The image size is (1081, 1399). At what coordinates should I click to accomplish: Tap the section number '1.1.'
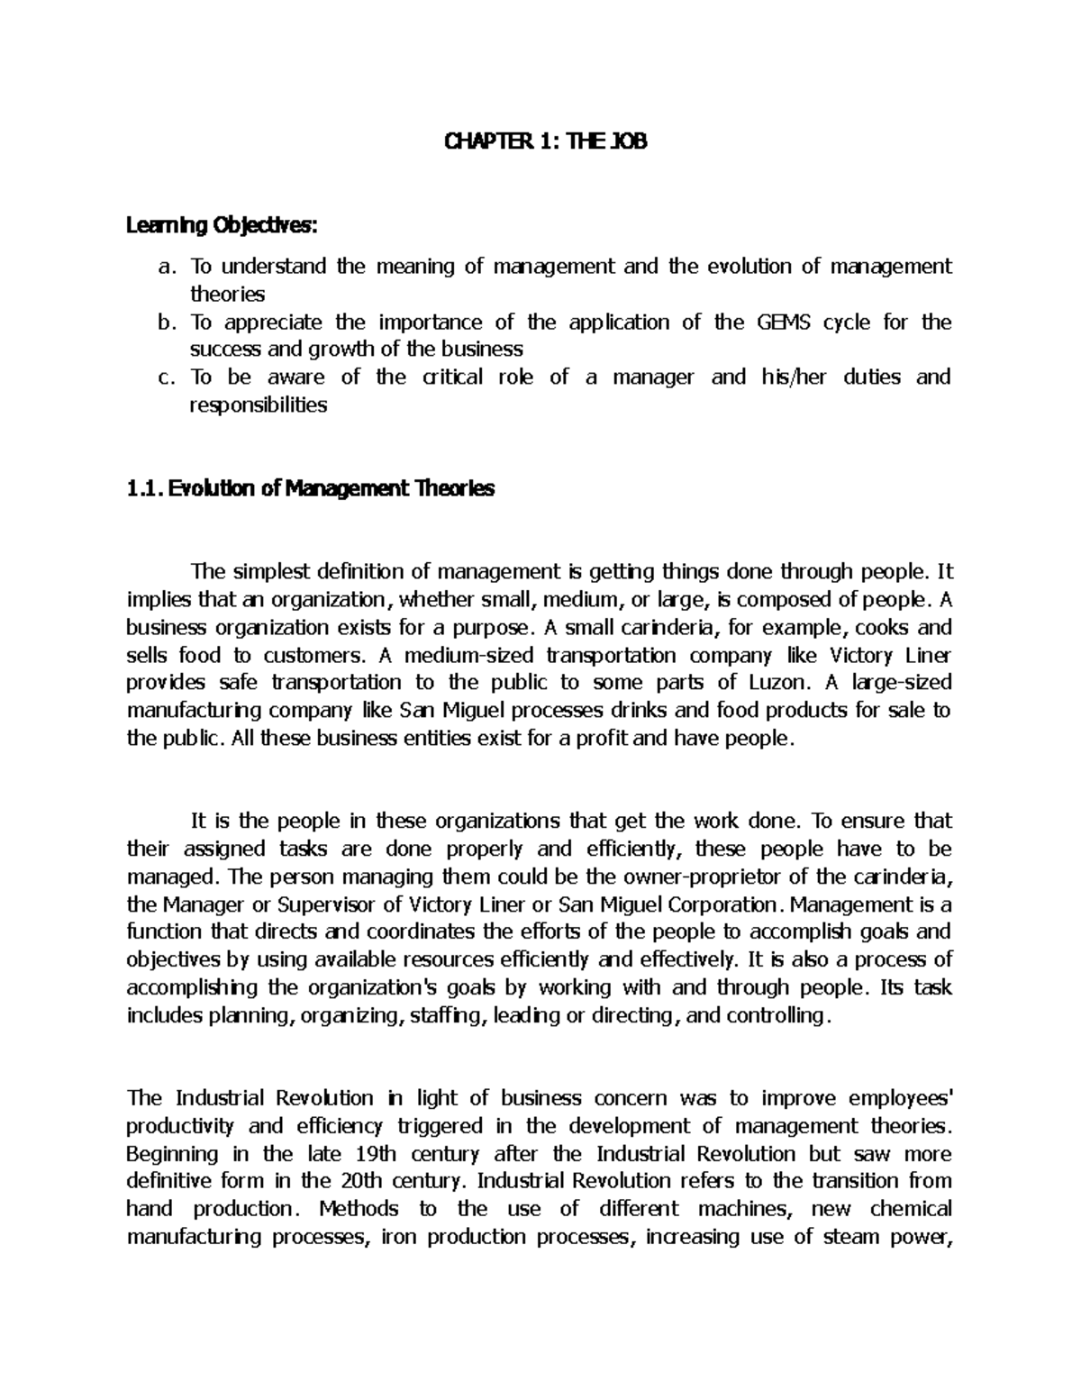145,489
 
